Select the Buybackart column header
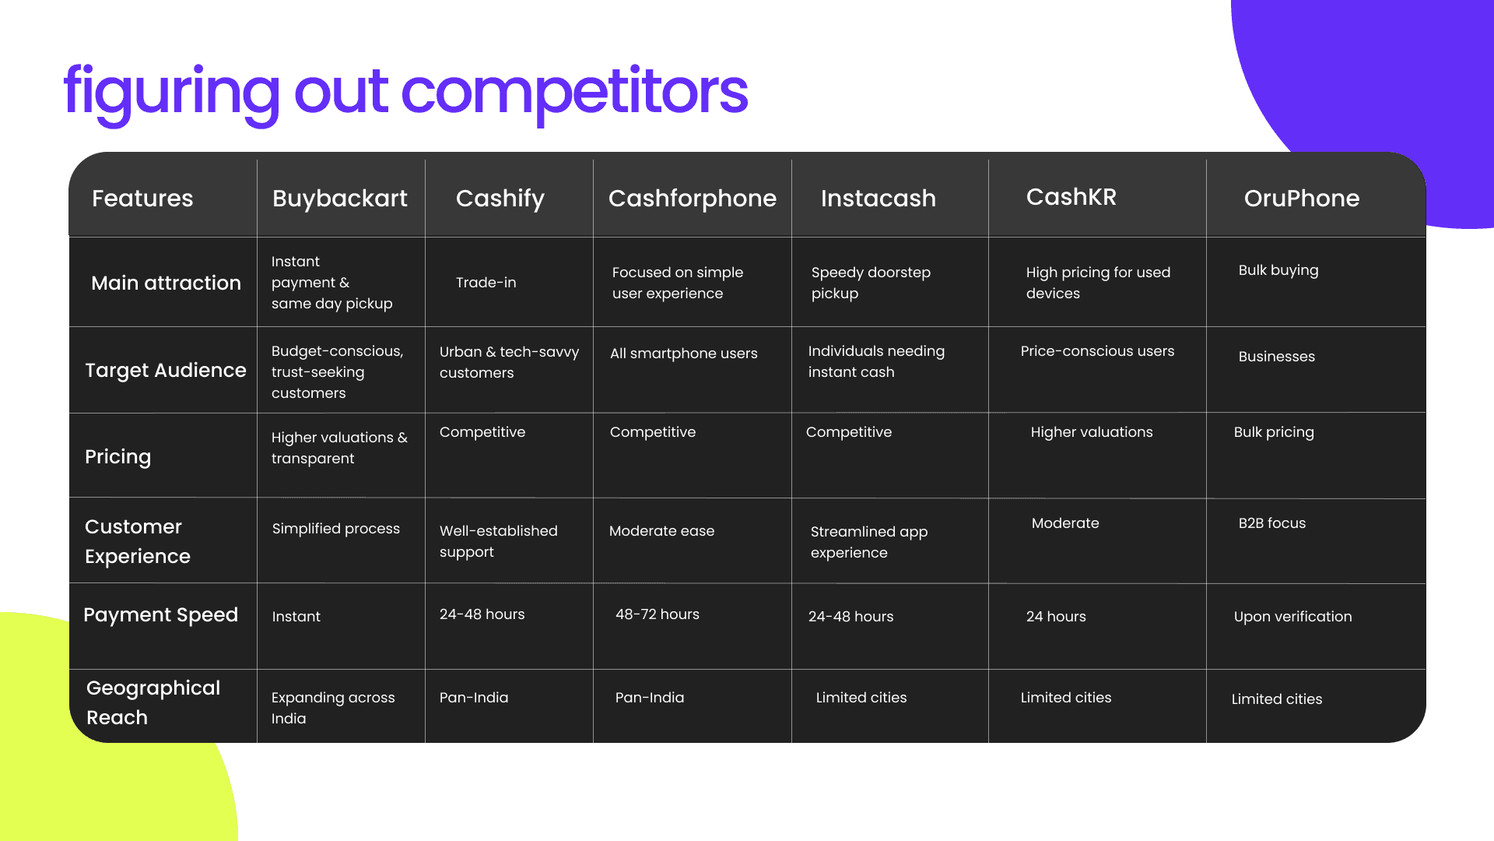(340, 199)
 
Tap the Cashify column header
(500, 199)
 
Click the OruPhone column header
(1302, 199)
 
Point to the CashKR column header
(1071, 197)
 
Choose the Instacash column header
(879, 199)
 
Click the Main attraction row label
(166, 283)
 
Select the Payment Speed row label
(160, 615)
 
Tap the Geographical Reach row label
(153, 702)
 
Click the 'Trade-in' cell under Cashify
(486, 283)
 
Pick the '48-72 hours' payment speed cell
(658, 614)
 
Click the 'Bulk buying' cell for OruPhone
(1278, 270)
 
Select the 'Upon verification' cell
(1293, 617)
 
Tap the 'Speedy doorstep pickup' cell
(871, 283)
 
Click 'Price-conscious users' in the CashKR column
(1098, 351)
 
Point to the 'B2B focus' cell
(1272, 523)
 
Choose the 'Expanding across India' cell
(333, 708)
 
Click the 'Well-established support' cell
(499, 541)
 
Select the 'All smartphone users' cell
(684, 354)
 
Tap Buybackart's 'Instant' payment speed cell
(296, 617)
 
